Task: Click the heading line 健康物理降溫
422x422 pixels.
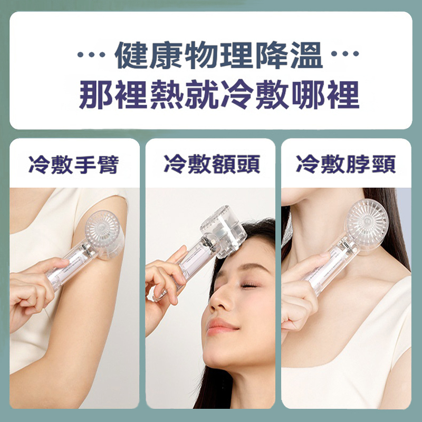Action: pos(218,56)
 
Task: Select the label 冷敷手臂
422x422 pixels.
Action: pos(74,165)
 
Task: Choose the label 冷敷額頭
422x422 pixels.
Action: pos(211,165)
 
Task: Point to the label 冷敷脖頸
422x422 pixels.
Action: pos(346,165)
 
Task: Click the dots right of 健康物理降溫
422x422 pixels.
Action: pos(345,55)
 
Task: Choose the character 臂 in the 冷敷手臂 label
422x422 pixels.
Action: pos(109,165)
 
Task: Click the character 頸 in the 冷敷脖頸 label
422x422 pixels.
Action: pos(383,165)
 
